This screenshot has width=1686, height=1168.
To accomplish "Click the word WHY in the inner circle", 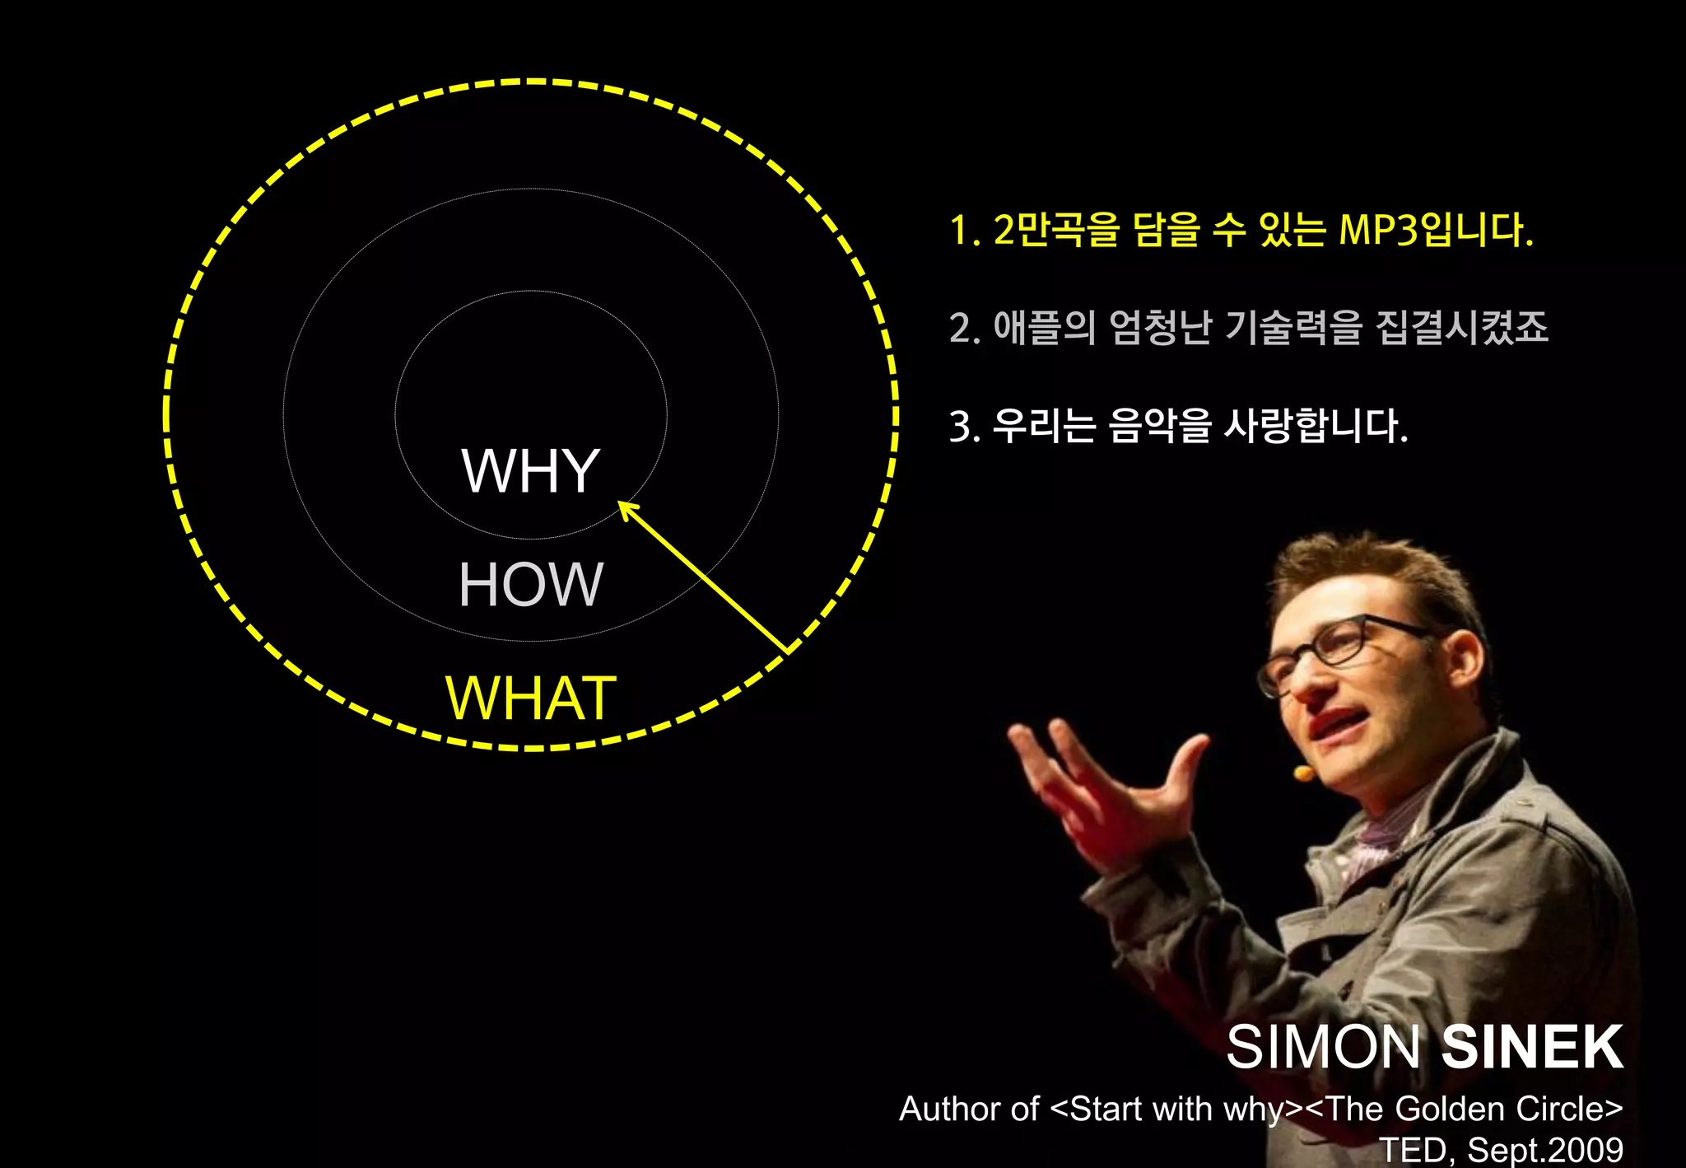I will coord(530,471).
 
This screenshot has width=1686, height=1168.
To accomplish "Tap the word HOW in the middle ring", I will coord(530,585).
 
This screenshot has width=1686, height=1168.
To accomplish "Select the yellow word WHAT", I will coord(530,698).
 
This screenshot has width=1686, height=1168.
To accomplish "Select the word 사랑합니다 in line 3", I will coord(1316,426).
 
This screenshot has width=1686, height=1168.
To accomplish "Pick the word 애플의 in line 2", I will coord(1044,328).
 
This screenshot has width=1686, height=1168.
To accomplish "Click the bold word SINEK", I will coord(1531,1047).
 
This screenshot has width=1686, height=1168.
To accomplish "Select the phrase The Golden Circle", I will coord(1465,1109).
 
